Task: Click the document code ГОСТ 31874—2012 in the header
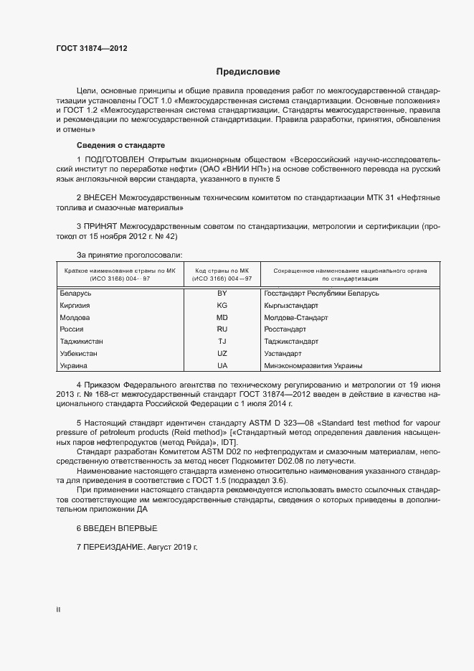[92, 49]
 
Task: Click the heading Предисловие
[248, 72]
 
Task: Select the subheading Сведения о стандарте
[121, 145]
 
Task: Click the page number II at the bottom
[58, 609]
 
